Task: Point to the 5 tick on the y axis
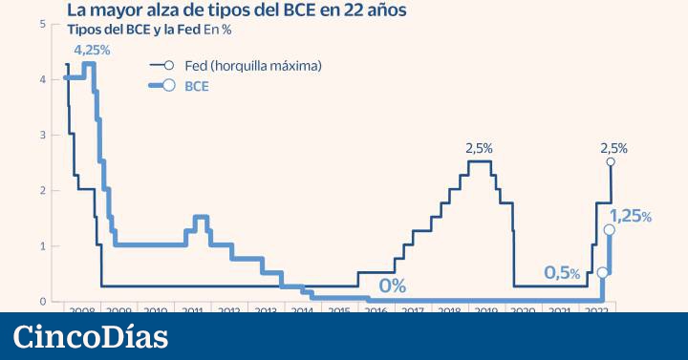(43, 23)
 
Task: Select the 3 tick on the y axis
(43, 135)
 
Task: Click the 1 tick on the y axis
(43, 246)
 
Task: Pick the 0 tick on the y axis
(43, 302)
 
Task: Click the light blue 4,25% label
(92, 49)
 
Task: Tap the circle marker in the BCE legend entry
(169, 85)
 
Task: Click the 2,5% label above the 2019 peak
(479, 148)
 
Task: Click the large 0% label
(392, 286)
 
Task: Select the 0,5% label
(562, 273)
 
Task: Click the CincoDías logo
(91, 337)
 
